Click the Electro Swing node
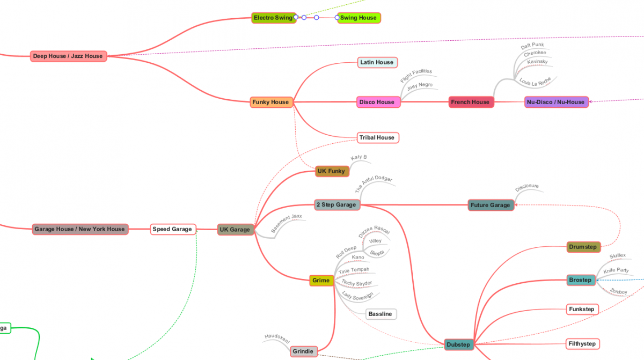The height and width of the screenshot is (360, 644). (274, 18)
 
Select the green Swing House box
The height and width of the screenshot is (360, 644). (358, 18)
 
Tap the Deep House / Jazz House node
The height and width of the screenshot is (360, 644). (68, 56)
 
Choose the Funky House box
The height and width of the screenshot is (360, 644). (272, 102)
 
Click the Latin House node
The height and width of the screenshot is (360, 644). (377, 62)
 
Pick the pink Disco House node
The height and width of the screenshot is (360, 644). (377, 102)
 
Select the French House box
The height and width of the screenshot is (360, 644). (470, 102)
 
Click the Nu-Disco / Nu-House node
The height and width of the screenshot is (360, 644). (555, 102)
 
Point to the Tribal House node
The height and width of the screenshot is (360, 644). (377, 137)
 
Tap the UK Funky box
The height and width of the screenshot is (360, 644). (331, 171)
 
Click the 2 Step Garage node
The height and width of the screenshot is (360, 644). (336, 204)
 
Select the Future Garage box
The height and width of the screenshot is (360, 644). (490, 205)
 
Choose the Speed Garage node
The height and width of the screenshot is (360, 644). (172, 229)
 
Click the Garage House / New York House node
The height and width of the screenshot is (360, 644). (79, 229)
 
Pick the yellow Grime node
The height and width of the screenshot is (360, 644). (321, 280)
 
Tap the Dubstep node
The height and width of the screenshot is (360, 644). (458, 344)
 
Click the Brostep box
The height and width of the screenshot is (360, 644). (581, 280)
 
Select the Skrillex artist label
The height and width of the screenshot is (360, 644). (618, 256)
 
